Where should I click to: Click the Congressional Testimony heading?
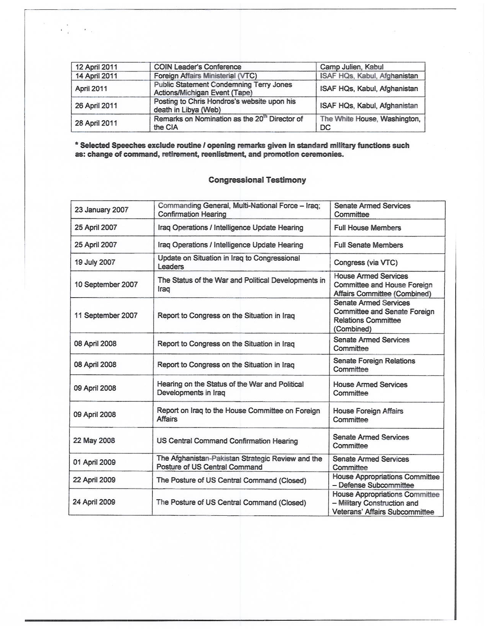(257, 180)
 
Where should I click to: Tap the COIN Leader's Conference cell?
(197, 67)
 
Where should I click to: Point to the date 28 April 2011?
(96, 123)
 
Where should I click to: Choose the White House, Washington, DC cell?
(370, 123)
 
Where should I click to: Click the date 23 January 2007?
(101, 210)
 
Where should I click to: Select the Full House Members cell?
(367, 228)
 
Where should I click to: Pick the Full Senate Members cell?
(368, 245)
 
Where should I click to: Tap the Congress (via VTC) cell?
(366, 262)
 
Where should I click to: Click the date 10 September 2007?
(106, 284)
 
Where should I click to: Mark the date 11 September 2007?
(106, 315)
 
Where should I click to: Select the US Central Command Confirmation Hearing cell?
(227, 441)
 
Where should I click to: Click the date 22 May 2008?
(94, 441)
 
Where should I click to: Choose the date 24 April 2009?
(94, 502)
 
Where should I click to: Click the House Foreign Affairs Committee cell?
(368, 415)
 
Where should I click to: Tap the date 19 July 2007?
(95, 262)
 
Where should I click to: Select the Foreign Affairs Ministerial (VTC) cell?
(205, 76)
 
